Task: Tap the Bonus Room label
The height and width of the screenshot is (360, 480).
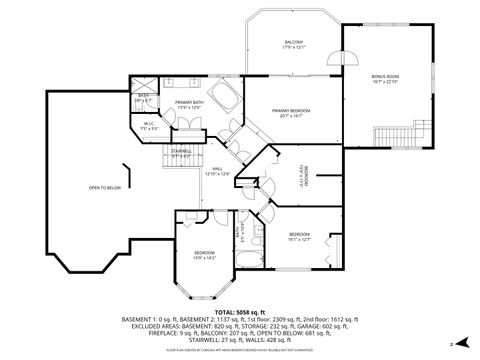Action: click(x=385, y=78)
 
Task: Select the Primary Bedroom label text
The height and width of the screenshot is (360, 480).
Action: click(x=292, y=112)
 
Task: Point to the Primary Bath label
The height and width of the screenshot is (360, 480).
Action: click(x=189, y=105)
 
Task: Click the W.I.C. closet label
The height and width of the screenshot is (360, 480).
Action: click(x=148, y=127)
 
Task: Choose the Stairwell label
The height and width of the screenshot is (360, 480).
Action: click(x=181, y=153)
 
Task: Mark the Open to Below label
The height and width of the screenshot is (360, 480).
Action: click(x=104, y=187)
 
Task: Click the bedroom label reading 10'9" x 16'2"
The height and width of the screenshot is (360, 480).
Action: click(x=204, y=255)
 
